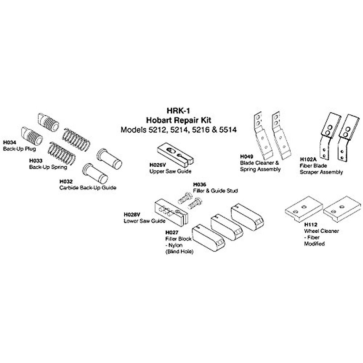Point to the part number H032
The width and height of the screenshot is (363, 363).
pyautogui.click(x=65, y=181)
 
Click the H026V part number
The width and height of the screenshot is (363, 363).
pyautogui.click(x=158, y=165)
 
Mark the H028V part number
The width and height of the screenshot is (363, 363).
pyautogui.click(x=132, y=215)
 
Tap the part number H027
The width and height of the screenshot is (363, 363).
pyautogui.click(x=172, y=232)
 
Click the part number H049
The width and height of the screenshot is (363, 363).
pyautogui.click(x=246, y=157)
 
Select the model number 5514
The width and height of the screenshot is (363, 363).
pyautogui.click(x=227, y=130)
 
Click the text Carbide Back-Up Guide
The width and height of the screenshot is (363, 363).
pyautogui.click(x=88, y=188)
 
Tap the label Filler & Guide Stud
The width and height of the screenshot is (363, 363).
pyautogui.click(x=215, y=191)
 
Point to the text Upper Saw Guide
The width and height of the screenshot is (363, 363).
pyautogui.click(x=170, y=171)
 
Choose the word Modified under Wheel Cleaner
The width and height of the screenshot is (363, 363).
pyautogui.click(x=314, y=244)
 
